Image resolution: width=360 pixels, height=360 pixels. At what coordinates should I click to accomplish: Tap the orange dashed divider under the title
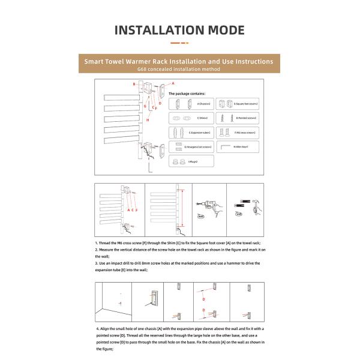coord(179,43)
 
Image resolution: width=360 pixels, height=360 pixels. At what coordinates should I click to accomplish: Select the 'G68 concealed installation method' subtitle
coord(179,70)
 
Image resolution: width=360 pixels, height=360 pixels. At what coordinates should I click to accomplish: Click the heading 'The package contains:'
coord(187,94)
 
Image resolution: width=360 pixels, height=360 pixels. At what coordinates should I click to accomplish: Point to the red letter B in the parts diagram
coord(134,84)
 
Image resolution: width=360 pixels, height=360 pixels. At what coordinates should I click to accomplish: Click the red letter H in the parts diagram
coord(148,120)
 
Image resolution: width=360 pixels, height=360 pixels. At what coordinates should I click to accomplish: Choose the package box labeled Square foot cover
coord(236,103)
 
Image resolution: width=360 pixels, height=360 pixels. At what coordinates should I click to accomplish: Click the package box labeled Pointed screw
coord(236,118)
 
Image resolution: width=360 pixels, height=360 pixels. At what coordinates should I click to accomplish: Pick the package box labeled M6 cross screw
coord(236,132)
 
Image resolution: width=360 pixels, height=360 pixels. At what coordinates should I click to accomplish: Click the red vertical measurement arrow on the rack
coord(179,210)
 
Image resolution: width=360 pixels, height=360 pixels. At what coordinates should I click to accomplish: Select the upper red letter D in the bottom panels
coord(203,298)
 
